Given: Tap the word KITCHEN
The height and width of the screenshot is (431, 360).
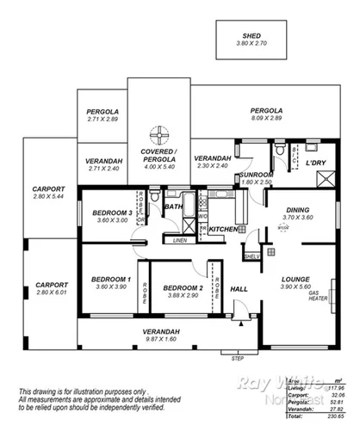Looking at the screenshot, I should [x=222, y=230].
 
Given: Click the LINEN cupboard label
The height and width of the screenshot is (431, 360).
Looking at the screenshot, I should [x=179, y=241].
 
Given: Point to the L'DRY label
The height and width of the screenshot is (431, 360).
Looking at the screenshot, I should [x=315, y=163].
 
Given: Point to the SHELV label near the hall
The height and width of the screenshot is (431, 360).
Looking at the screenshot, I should [x=251, y=256].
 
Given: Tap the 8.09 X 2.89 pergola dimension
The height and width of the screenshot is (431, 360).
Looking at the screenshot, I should [x=266, y=118].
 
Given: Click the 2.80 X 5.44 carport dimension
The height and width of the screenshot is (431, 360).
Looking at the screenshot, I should [x=47, y=197].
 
